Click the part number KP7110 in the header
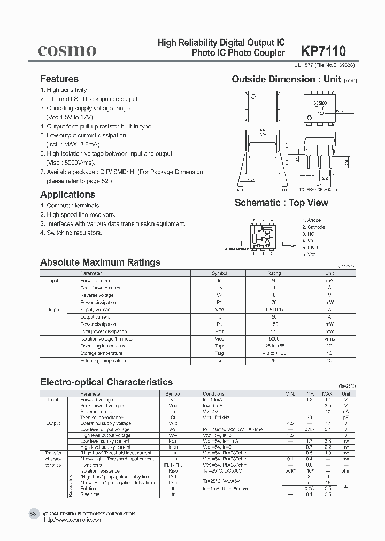(324, 51)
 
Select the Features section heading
(59, 79)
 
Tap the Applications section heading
(67, 195)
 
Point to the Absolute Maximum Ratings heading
(101, 262)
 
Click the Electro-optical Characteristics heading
(106, 382)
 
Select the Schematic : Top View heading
(281, 203)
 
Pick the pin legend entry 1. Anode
(311, 220)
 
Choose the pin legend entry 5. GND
(310, 248)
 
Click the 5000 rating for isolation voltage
(273, 339)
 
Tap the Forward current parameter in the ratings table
(96, 281)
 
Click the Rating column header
(273, 273)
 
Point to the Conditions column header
(214, 394)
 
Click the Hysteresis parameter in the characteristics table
(92, 465)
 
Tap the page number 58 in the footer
(33, 514)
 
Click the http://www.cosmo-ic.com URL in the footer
(73, 520)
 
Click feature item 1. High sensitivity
(64, 90)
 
